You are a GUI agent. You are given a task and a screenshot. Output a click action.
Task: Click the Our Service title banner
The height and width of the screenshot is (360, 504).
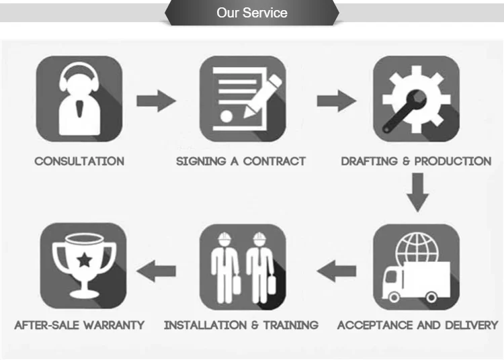click(x=252, y=13)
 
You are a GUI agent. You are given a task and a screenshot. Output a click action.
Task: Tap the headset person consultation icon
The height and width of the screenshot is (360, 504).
click(x=79, y=99)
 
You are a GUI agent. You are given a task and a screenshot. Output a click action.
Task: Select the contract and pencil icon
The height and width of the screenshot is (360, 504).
click(x=243, y=99)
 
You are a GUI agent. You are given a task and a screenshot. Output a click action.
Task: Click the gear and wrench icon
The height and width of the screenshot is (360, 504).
click(x=416, y=99)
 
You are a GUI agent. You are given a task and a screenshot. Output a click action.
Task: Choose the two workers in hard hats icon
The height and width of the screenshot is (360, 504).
click(x=243, y=267)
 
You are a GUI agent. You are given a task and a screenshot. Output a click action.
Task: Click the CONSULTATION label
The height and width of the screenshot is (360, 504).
click(x=79, y=161)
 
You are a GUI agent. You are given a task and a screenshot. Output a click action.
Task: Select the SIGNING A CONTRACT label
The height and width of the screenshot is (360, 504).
click(x=241, y=161)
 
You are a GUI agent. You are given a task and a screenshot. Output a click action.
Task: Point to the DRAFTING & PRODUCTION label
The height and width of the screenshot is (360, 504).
click(x=416, y=161)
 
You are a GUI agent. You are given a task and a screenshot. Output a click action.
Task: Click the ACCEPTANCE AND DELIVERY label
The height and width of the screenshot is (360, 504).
click(x=417, y=325)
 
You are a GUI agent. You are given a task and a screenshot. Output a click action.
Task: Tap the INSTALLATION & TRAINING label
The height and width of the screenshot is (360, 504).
click(x=241, y=325)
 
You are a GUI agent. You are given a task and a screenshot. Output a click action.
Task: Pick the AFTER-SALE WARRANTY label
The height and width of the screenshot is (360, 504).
click(x=79, y=325)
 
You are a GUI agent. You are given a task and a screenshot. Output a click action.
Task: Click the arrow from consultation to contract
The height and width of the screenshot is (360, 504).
click(x=156, y=101)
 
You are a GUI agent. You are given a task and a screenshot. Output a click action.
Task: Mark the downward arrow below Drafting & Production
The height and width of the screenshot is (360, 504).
click(x=418, y=192)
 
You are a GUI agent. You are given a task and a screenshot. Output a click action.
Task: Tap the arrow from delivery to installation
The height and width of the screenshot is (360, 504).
click(x=336, y=271)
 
